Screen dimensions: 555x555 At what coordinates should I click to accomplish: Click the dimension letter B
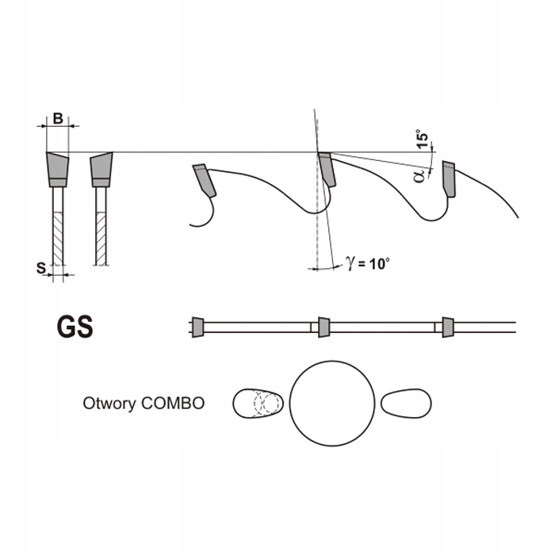point(57,119)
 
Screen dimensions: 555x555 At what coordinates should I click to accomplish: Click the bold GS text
point(75,327)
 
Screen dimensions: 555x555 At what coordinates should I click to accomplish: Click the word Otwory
point(109,403)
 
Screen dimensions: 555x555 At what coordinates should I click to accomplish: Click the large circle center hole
point(331,403)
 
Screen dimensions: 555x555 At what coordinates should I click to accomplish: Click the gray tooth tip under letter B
point(57,167)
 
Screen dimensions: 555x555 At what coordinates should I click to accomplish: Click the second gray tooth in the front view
point(101,167)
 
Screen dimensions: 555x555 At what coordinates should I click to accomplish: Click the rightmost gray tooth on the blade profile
point(450,178)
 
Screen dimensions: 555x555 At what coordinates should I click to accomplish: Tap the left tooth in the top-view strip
point(197,326)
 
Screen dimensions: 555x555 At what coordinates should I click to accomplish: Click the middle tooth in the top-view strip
point(323,326)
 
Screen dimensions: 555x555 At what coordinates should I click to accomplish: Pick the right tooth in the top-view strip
point(448,326)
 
